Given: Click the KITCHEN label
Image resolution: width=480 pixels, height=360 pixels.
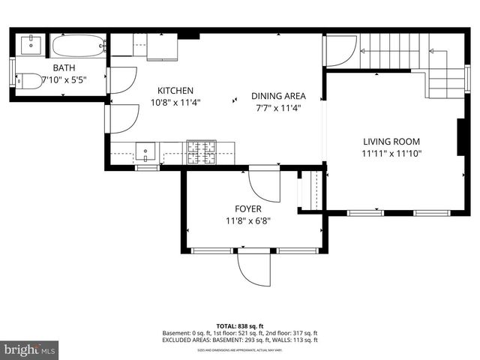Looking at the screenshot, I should [x=175, y=90].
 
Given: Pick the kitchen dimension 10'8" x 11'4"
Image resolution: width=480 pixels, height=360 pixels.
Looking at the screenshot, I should [x=175, y=102].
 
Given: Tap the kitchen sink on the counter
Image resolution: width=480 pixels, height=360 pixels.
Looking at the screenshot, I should [x=145, y=153].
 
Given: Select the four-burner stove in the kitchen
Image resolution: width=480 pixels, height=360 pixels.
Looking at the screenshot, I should [x=200, y=153].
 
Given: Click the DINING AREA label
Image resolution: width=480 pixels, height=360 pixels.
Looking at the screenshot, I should [x=278, y=95].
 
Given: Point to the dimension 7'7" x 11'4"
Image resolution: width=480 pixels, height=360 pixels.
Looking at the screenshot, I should [x=278, y=107].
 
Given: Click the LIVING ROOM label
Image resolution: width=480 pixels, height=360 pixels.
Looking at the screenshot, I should [x=391, y=141].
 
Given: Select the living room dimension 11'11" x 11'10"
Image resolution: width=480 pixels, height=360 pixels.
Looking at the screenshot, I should [x=391, y=153].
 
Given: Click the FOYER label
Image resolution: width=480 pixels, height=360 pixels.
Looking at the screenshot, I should [x=247, y=209].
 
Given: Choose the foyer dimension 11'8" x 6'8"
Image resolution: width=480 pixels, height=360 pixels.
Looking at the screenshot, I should [x=247, y=221].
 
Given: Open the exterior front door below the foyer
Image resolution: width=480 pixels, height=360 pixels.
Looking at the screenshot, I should [x=253, y=265].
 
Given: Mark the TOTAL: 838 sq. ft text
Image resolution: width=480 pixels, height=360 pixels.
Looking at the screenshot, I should [x=239, y=326].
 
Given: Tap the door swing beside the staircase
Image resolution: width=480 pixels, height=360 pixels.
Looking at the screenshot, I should [x=340, y=51].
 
